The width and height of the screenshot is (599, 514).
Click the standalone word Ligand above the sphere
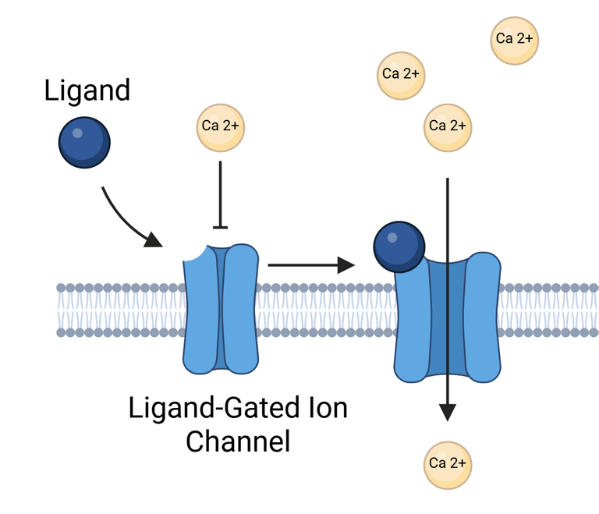87,91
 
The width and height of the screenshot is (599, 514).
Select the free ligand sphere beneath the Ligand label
84,142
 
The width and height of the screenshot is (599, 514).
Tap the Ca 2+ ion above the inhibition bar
221,126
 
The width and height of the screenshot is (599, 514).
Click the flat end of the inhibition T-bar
221,227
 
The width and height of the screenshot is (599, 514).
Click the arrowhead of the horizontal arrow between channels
346,265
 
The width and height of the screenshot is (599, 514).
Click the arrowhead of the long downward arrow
447,411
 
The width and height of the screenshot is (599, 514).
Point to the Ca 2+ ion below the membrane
448,463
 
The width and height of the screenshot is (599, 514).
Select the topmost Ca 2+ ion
515,39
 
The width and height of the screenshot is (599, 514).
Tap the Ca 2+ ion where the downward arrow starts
448,126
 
